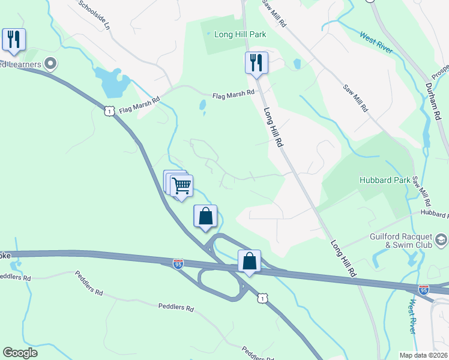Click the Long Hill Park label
tap(240, 35)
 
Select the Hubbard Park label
tap(384, 179)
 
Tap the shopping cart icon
tap(181, 185)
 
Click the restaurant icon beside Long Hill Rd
tap(256, 62)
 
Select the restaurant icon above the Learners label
tap(14, 40)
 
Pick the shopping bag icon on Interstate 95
tap(249, 261)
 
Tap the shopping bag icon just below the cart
tap(205, 217)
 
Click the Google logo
tap(20, 352)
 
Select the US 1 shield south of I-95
tap(262, 298)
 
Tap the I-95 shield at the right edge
tap(424, 289)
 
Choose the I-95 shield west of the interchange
tap(178, 263)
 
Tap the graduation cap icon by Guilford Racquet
tap(442, 241)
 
